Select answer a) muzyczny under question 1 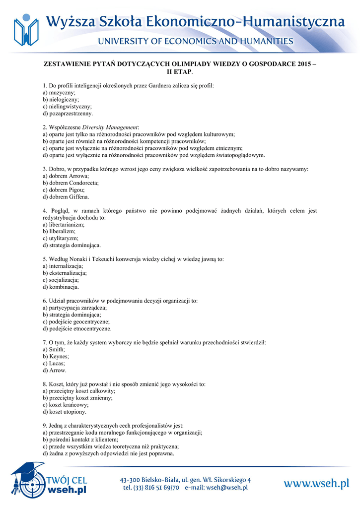pos(59,93)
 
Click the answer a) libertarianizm pos(64,224)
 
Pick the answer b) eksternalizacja pos(65,273)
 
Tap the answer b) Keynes pos(56,356)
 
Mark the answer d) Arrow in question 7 pos(55,370)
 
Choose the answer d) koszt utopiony pos(65,412)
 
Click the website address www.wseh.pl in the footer pos(316,483)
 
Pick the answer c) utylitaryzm pos(61,238)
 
